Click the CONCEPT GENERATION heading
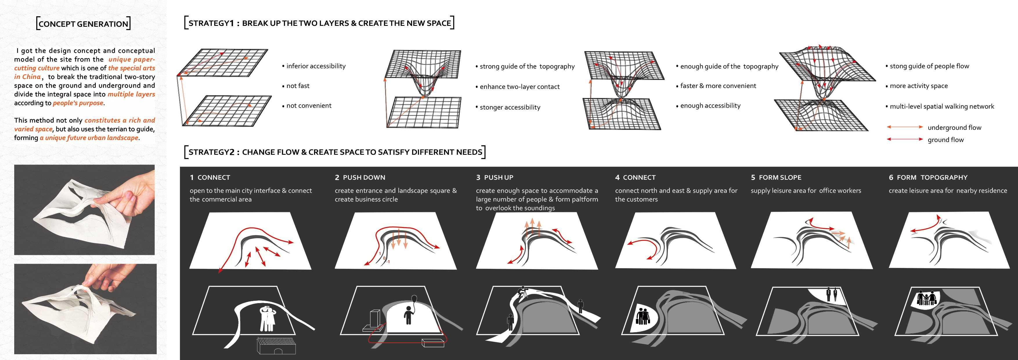[83, 24]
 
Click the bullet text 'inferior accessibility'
[315, 66]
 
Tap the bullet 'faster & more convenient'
[718, 86]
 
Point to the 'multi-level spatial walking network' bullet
[941, 106]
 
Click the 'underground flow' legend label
[954, 127]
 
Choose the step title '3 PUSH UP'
[494, 177]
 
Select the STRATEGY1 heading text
[319, 23]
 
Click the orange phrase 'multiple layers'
[131, 94]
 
